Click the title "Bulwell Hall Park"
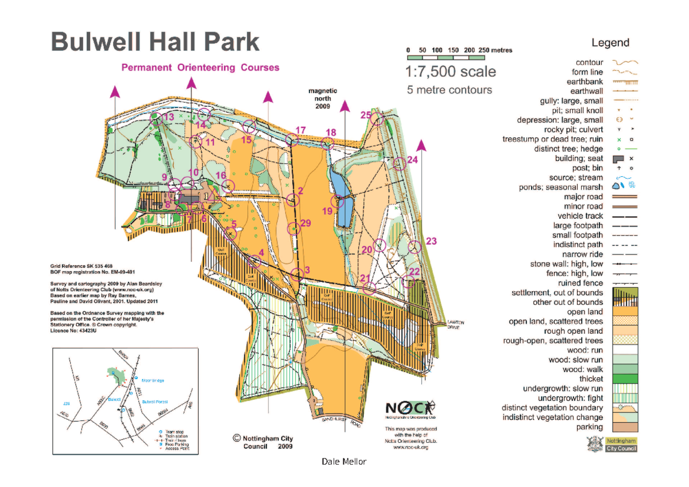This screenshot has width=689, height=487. (155, 43)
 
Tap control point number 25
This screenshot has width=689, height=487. (376, 119)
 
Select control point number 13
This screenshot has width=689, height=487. (155, 119)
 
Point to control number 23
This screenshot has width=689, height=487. (415, 247)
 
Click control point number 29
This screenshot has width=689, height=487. (294, 229)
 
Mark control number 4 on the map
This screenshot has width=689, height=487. (254, 262)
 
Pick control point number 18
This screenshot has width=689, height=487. (328, 143)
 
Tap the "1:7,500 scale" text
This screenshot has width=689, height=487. (450, 72)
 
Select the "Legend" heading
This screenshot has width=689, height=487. (610, 42)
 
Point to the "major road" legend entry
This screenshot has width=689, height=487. (583, 197)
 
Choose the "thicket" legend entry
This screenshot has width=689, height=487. (591, 379)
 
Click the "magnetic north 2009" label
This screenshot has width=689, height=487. (323, 99)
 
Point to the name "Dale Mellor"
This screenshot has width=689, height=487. (344, 462)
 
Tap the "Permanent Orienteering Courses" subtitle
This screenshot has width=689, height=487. (200, 68)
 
